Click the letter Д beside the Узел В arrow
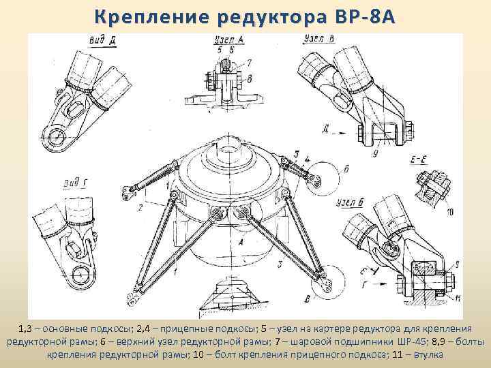[346, 127]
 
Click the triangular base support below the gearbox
[235, 293]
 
